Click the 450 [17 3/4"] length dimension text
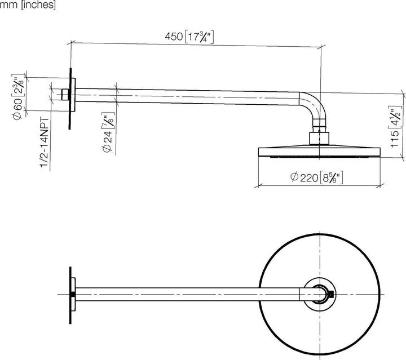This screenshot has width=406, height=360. click(x=188, y=37)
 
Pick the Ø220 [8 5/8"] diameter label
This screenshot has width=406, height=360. click(x=317, y=177)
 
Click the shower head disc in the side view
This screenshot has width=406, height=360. click(x=319, y=152)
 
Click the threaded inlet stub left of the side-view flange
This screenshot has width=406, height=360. click(x=64, y=94)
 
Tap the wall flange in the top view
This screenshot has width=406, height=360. click(x=70, y=294)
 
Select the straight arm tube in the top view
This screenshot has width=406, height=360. click(x=186, y=294)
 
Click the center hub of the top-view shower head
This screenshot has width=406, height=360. click(x=319, y=294)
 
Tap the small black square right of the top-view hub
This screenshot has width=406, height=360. click(x=334, y=294)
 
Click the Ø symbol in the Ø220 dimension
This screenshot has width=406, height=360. click(x=294, y=177)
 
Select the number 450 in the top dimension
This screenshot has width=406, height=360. click(x=173, y=37)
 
